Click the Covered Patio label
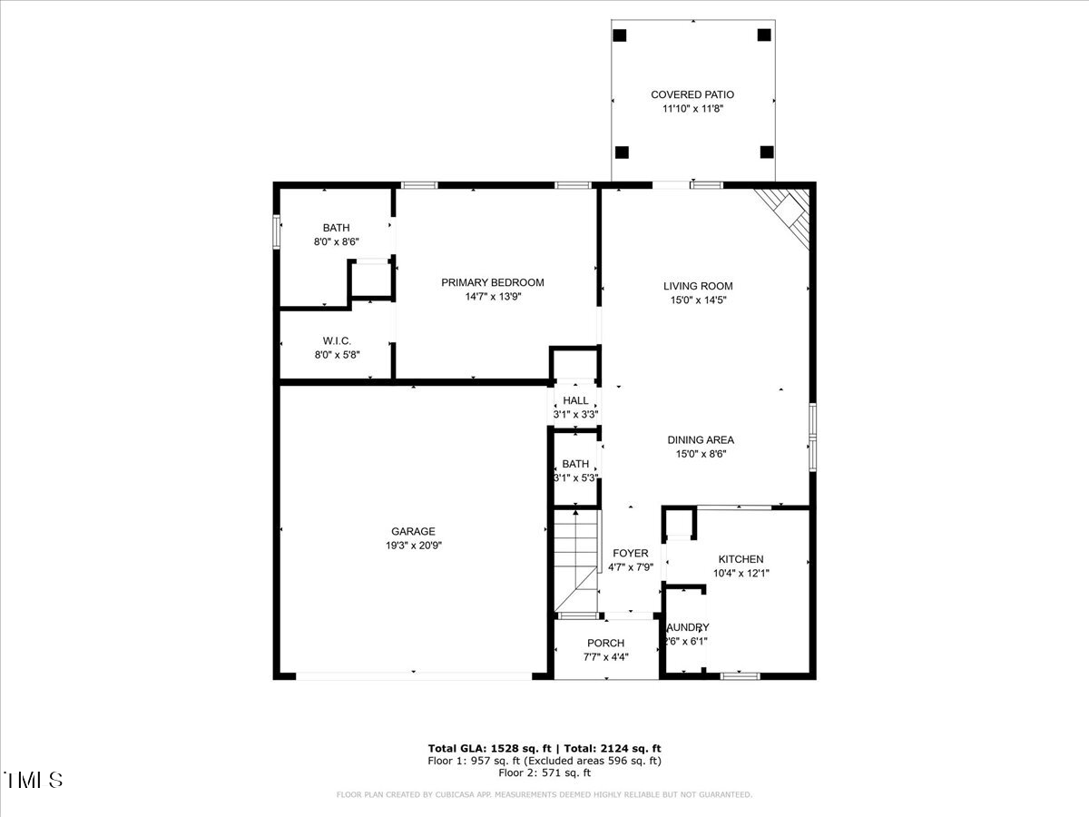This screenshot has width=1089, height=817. click(x=692, y=94)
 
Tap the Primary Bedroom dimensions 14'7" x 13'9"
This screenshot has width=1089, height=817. click(x=493, y=296)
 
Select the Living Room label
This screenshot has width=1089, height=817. click(x=697, y=286)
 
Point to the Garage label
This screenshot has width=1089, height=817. click(x=413, y=531)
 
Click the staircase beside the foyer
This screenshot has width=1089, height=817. click(x=575, y=560)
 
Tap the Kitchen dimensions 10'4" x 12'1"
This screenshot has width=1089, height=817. click(x=741, y=573)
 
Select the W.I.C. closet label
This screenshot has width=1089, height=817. click(x=336, y=340)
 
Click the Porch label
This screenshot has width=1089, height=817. click(x=605, y=644)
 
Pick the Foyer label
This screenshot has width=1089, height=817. click(x=630, y=553)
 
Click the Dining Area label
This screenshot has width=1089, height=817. click(x=701, y=440)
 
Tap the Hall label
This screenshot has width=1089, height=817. click(x=575, y=400)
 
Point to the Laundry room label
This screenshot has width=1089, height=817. click(x=687, y=627)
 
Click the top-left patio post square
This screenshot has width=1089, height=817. click(x=620, y=35)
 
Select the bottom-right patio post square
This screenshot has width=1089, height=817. click(x=766, y=152)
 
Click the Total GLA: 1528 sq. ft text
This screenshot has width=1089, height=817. click(x=486, y=748)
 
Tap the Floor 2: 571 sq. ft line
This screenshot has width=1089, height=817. click(x=544, y=773)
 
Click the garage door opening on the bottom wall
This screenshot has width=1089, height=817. click(x=414, y=675)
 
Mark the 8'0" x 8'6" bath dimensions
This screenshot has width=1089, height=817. click(x=336, y=241)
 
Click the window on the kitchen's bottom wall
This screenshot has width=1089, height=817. click(x=740, y=675)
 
